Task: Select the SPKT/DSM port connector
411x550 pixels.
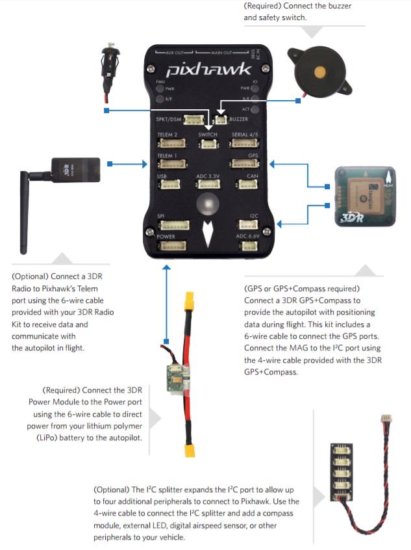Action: [x=193, y=120]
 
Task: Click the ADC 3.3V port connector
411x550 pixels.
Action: [x=208, y=184]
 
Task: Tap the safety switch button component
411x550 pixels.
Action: [x=109, y=62]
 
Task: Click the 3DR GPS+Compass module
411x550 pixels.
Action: [x=364, y=196]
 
